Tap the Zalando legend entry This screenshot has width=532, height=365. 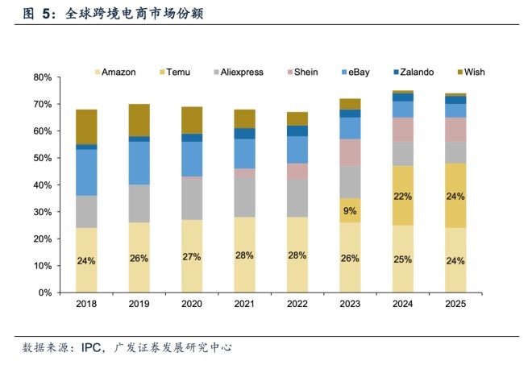418,72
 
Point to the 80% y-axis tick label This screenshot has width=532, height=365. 43,77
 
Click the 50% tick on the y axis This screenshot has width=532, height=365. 43,158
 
